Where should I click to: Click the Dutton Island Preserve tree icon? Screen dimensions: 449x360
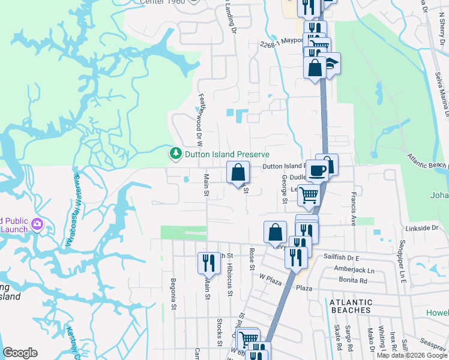coord(176,154)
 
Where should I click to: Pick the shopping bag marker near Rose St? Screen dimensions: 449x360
coord(274,232)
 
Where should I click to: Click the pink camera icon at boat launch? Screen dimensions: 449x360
coord(37,224)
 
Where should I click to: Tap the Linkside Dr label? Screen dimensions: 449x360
coord(422,228)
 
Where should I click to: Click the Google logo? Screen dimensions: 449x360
coord(20,353)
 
